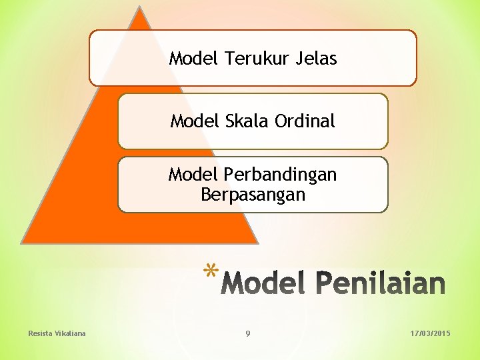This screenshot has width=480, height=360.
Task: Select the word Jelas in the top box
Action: tap(316, 59)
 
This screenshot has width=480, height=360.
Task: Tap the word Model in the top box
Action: tap(194, 59)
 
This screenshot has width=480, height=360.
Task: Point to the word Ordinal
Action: tap(304, 121)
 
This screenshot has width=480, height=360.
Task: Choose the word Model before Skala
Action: tap(195, 121)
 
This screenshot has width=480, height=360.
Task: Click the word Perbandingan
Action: tap(280, 175)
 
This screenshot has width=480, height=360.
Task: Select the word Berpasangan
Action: tap(253, 195)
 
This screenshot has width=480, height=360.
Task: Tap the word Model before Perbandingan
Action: tap(193, 175)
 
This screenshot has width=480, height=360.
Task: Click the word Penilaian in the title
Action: tap(380, 283)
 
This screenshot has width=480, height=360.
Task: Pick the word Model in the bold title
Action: tap(263, 283)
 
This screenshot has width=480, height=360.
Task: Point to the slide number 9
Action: tap(248, 333)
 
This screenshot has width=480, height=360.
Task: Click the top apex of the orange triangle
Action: tap(139, 7)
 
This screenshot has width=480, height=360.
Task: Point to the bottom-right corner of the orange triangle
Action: tap(257, 243)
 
